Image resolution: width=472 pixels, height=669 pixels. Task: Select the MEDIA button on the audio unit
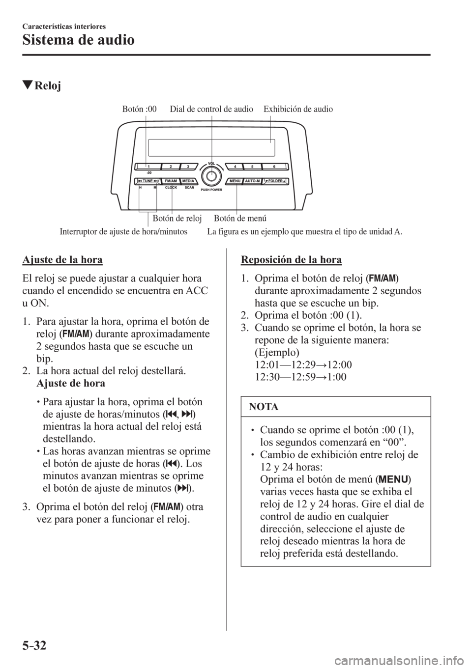[x=189, y=181]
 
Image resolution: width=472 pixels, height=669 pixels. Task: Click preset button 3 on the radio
[x=188, y=167]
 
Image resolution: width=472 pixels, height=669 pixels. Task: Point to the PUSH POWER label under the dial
[x=212, y=189]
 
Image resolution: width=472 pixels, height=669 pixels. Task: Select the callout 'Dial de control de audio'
[x=211, y=109]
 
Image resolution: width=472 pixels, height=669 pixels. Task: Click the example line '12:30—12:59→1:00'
[x=300, y=377]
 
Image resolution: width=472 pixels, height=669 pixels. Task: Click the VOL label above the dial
[x=212, y=163]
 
